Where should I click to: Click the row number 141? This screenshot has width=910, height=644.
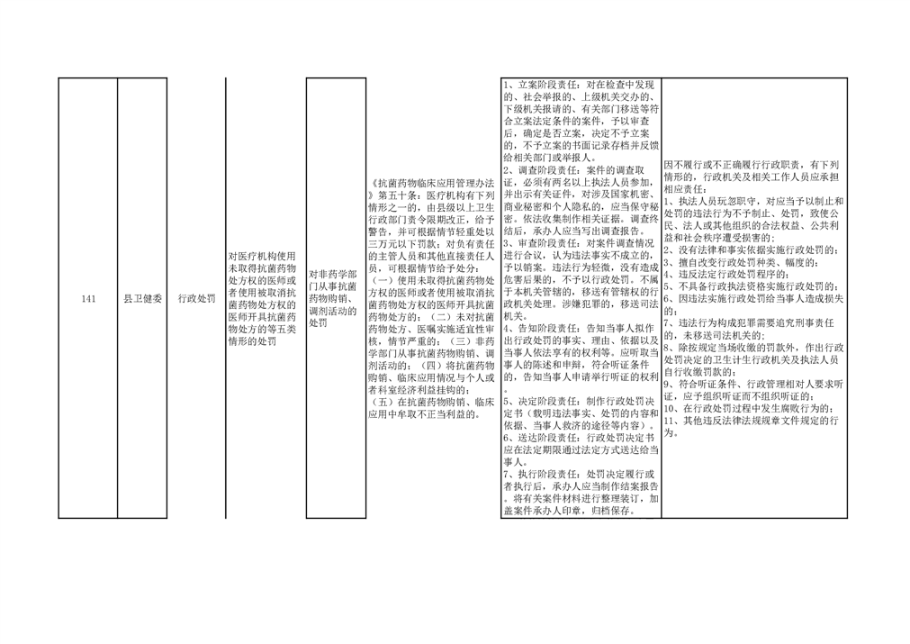[88, 299]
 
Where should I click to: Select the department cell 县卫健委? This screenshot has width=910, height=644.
[143, 299]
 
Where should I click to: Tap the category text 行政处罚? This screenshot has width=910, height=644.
[197, 299]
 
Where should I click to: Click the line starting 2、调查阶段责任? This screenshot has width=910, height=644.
[573, 171]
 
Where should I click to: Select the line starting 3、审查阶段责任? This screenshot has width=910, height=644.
[579, 243]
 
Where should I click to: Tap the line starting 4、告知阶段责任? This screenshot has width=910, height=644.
[579, 329]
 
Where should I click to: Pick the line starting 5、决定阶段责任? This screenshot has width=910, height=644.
[579, 402]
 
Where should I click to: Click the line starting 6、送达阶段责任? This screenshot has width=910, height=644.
[579, 439]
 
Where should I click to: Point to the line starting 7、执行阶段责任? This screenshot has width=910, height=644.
[579, 475]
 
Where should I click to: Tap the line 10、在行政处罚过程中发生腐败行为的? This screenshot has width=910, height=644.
[751, 409]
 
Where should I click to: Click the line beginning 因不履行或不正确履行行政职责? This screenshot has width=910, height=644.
[751, 165]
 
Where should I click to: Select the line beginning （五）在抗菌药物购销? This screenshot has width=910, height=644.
[432, 402]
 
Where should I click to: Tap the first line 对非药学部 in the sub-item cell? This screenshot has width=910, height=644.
[332, 275]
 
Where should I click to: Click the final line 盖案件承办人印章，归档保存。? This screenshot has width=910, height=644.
[571, 512]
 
